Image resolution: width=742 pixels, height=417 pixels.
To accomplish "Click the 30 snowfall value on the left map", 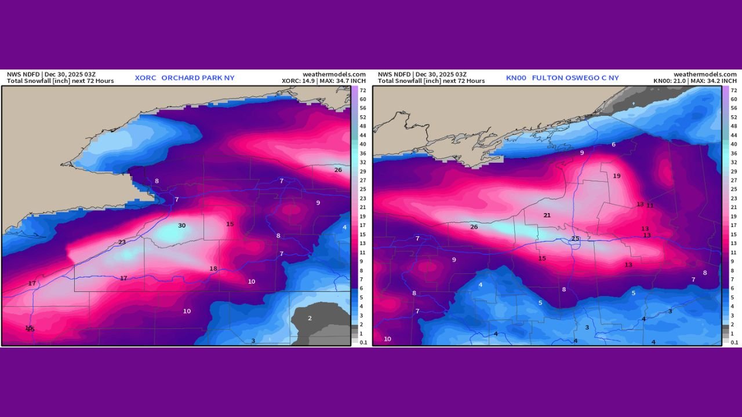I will click(181, 225).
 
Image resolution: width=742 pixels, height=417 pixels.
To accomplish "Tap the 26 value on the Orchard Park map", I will click(338, 170).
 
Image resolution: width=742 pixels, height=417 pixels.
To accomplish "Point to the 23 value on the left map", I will click(122, 242).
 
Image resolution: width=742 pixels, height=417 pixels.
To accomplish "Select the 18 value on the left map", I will click(213, 269).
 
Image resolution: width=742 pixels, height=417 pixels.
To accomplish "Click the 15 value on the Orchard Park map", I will click(230, 224).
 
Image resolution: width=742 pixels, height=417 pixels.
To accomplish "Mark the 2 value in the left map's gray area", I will click(310, 318).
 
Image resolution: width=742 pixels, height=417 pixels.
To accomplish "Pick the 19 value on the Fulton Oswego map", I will click(617, 176).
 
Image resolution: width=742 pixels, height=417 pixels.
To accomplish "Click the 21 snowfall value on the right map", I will click(547, 215).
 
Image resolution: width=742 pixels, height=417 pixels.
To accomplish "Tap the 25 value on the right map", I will click(576, 239).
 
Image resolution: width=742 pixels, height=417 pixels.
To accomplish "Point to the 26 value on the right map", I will click(474, 226).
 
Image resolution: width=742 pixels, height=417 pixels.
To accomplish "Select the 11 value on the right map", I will click(650, 206).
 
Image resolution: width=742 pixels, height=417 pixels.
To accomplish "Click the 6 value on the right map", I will click(613, 144).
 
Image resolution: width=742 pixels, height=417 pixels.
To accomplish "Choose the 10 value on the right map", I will click(387, 339).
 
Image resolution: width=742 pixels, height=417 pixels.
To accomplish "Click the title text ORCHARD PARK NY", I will click(198, 78).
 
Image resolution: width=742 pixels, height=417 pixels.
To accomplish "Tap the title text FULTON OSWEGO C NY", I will click(575, 78).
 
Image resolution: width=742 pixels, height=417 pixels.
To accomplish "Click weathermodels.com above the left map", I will click(334, 74).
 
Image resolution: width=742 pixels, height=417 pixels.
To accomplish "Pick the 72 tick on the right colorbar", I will click(734, 90).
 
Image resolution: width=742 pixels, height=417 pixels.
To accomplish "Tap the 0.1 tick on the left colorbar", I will click(363, 342).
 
